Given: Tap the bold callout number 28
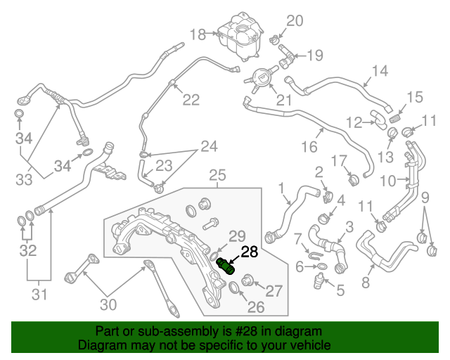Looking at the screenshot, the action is [x=250, y=252].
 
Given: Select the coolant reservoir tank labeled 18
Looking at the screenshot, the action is [x=240, y=36].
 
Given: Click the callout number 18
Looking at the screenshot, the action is [x=198, y=34].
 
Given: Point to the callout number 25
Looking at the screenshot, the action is [x=217, y=175].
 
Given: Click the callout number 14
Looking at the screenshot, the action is [x=380, y=70].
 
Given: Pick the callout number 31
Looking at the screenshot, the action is [x=39, y=295].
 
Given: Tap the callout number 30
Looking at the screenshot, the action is [x=108, y=304].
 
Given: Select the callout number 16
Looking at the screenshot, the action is [x=309, y=147].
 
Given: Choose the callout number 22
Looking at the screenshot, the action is [x=191, y=100].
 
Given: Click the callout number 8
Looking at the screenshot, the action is [x=366, y=283].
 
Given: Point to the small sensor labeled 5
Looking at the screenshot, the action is [x=319, y=281].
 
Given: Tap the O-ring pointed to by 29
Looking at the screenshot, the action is [x=214, y=255].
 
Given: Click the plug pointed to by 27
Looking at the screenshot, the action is [x=247, y=280].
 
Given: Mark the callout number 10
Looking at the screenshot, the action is [x=387, y=181].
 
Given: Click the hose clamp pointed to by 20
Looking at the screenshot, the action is [x=274, y=40].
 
